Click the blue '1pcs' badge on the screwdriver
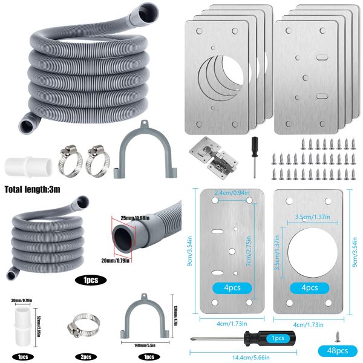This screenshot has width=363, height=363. (x=278, y=338)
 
